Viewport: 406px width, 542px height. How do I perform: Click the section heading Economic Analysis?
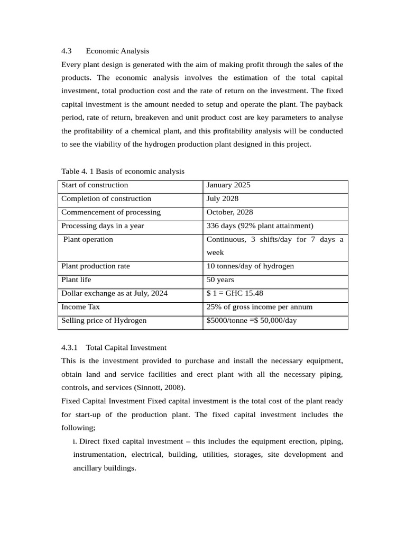point(117,51)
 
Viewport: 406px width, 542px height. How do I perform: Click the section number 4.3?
point(67,51)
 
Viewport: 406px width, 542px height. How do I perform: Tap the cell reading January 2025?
point(228,185)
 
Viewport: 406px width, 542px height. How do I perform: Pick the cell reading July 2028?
point(222,199)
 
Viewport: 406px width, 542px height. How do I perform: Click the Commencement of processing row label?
point(111,212)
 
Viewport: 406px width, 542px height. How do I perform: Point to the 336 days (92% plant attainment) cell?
point(260,226)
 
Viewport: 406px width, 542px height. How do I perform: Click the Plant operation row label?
point(88,240)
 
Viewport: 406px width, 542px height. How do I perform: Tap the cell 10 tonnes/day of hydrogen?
point(250,266)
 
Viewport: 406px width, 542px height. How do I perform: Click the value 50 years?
point(220,280)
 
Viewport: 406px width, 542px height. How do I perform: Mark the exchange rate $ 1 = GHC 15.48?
point(235,293)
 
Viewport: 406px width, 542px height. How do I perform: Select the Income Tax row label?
point(80,307)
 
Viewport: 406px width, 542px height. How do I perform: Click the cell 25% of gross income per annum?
point(259,307)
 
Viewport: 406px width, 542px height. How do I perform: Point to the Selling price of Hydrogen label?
point(104,321)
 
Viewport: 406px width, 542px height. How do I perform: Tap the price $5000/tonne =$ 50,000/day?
point(252,321)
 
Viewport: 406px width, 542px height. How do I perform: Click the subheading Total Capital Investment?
point(126,348)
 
